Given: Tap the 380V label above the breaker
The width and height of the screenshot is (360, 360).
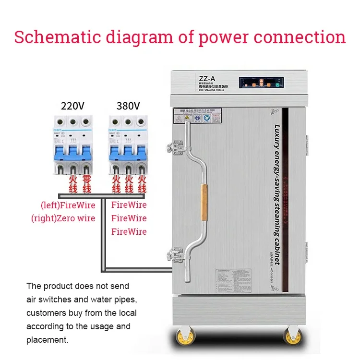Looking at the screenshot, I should pyautogui.click(x=128, y=106).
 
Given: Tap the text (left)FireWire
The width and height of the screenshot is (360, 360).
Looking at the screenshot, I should pyautogui.click(x=68, y=205).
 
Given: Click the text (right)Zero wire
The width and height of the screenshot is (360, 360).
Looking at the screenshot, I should pyautogui.click(x=63, y=218).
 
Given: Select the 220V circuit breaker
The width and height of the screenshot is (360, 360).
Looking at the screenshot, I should pyautogui.click(x=72, y=144).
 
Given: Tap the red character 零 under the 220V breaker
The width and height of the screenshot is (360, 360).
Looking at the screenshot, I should pyautogui.click(x=86, y=179).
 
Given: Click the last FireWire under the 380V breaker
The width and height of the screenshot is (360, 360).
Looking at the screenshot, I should pyautogui.click(x=129, y=231).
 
